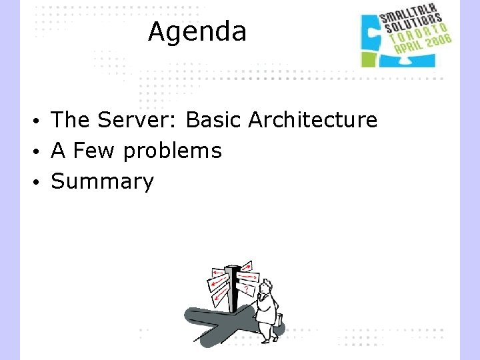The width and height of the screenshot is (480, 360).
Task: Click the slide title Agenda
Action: pyautogui.click(x=197, y=31)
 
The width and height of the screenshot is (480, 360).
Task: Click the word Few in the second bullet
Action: pyautogui.click(x=94, y=151)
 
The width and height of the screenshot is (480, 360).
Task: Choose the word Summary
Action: pyautogui.click(x=102, y=181)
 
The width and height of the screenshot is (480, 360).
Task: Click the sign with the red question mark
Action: pyautogui.click(x=247, y=289)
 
